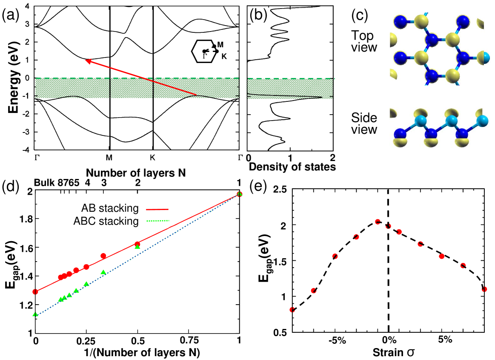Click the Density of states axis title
point(292,167)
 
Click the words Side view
point(364,123)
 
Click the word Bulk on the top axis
point(45,183)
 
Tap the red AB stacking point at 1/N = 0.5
point(137,244)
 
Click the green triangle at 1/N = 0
point(35,314)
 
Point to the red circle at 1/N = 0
point(35,292)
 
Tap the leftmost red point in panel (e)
point(292,310)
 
